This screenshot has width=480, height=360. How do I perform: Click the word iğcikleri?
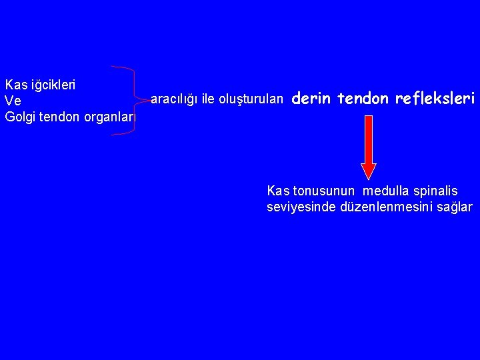(x=51, y=85)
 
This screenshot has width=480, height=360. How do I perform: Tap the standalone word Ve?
(x=13, y=101)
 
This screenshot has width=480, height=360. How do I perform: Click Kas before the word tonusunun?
(x=278, y=191)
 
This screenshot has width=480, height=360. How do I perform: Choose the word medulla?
(x=389, y=191)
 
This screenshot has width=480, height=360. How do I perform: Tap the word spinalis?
(x=437, y=191)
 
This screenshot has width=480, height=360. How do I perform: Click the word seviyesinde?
(x=300, y=207)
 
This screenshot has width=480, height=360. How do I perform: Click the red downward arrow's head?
(x=368, y=171)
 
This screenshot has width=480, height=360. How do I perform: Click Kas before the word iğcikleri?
(x=15, y=85)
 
